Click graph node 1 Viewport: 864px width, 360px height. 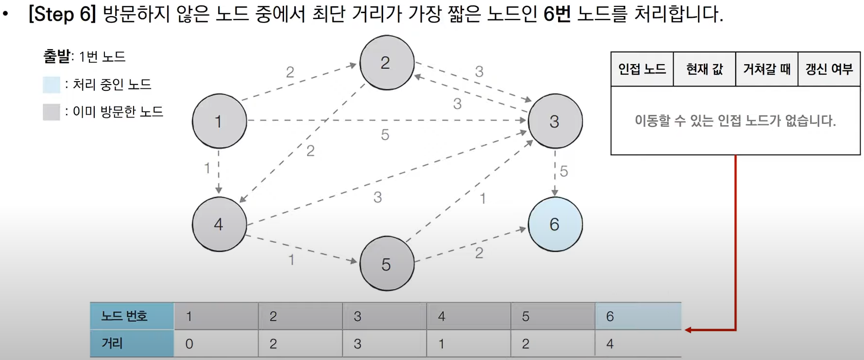click(219, 121)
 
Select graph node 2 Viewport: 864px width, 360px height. click(387, 63)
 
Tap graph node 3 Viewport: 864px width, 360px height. click(555, 121)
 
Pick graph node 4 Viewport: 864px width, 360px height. click(219, 224)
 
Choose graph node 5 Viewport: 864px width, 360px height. click(387, 264)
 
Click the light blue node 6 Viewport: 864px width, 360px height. click(555, 224)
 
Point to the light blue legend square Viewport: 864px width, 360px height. click(51, 85)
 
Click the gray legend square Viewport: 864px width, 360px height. click(51, 112)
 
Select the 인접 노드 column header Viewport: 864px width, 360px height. click(642, 69)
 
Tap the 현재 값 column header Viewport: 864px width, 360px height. click(704, 69)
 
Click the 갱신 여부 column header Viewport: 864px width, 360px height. click(829, 69)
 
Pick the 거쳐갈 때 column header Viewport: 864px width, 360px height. click(766, 69)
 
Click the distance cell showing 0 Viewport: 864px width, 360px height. click(216, 344)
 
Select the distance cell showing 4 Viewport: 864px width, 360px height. click(638, 344)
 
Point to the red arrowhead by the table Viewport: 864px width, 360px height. click(689, 330)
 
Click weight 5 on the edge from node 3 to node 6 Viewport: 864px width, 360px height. click(564, 171)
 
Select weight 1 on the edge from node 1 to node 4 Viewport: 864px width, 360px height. click(207, 168)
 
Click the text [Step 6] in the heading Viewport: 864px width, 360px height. click(62, 14)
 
